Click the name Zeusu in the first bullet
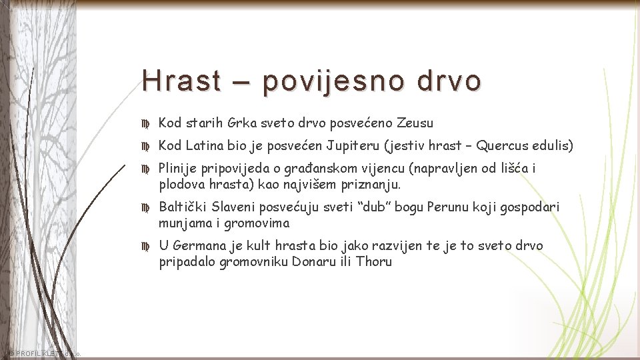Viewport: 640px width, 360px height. tap(415, 123)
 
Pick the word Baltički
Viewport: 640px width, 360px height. tap(182, 207)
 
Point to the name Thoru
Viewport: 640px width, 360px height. tap(375, 261)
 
